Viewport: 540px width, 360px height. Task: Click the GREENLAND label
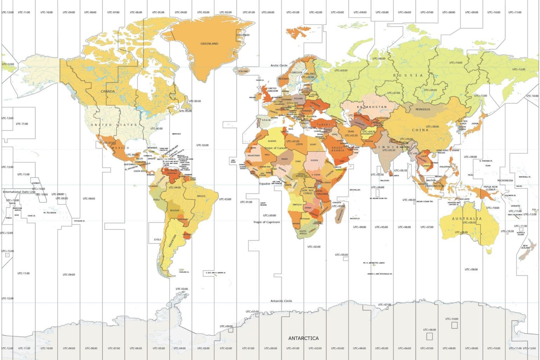point(209,44)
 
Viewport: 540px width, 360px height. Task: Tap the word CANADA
point(108,91)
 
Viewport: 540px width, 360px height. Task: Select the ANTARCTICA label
point(303,338)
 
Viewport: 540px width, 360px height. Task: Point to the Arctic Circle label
point(279,65)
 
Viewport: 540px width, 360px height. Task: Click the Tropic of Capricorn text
point(266,222)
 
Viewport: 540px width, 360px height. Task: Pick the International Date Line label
point(19,192)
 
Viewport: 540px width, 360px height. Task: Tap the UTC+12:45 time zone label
point(7,251)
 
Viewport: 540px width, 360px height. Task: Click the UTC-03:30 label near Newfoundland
point(195,101)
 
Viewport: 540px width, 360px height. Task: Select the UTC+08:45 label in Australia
point(461,232)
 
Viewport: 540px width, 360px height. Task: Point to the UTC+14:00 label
point(39,189)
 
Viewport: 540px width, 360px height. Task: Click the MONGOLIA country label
point(423,109)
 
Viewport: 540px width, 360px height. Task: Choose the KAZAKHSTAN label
point(372,107)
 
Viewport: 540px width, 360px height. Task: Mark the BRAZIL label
point(201,196)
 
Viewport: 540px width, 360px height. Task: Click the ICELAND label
point(243,71)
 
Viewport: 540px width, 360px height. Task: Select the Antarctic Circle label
point(281,301)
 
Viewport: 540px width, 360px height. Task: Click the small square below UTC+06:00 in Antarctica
point(429,336)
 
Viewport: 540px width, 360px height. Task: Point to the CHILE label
point(157,239)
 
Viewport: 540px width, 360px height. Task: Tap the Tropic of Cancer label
point(276,148)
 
